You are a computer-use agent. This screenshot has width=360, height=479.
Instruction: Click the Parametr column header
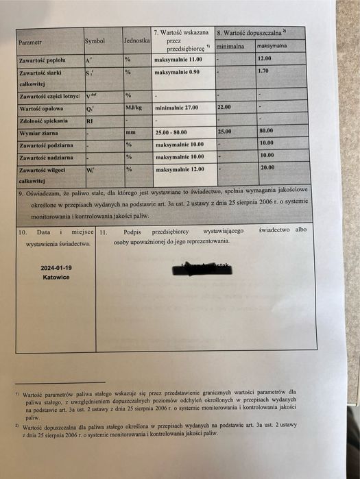[30, 42]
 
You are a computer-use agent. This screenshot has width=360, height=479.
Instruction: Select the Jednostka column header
[137, 41]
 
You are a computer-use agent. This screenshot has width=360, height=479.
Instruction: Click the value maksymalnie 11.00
[177, 60]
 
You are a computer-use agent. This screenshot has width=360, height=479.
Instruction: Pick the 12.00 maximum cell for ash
[265, 59]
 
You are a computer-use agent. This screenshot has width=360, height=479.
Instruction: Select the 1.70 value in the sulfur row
[263, 71]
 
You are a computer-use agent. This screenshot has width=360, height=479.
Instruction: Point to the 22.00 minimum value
[224, 108]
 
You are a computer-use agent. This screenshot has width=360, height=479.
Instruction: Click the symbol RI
[89, 120]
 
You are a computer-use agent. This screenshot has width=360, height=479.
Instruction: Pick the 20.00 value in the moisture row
[267, 167]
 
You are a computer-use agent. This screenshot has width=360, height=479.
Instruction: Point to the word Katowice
[55, 278]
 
